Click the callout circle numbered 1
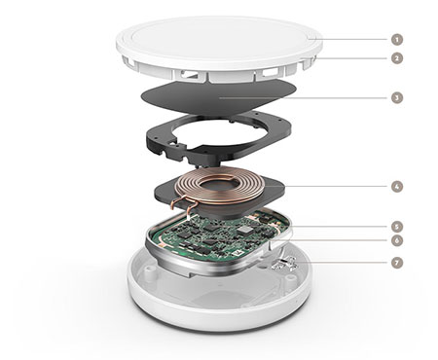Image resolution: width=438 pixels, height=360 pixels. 397,40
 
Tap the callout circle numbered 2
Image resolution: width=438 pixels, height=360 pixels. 397,58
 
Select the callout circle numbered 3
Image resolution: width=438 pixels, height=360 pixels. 397,97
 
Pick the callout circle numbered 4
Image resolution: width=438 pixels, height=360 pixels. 397,187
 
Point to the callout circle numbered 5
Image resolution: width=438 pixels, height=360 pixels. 397,227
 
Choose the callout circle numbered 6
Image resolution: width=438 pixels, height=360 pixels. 397,240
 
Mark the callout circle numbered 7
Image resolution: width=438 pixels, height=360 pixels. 397,263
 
